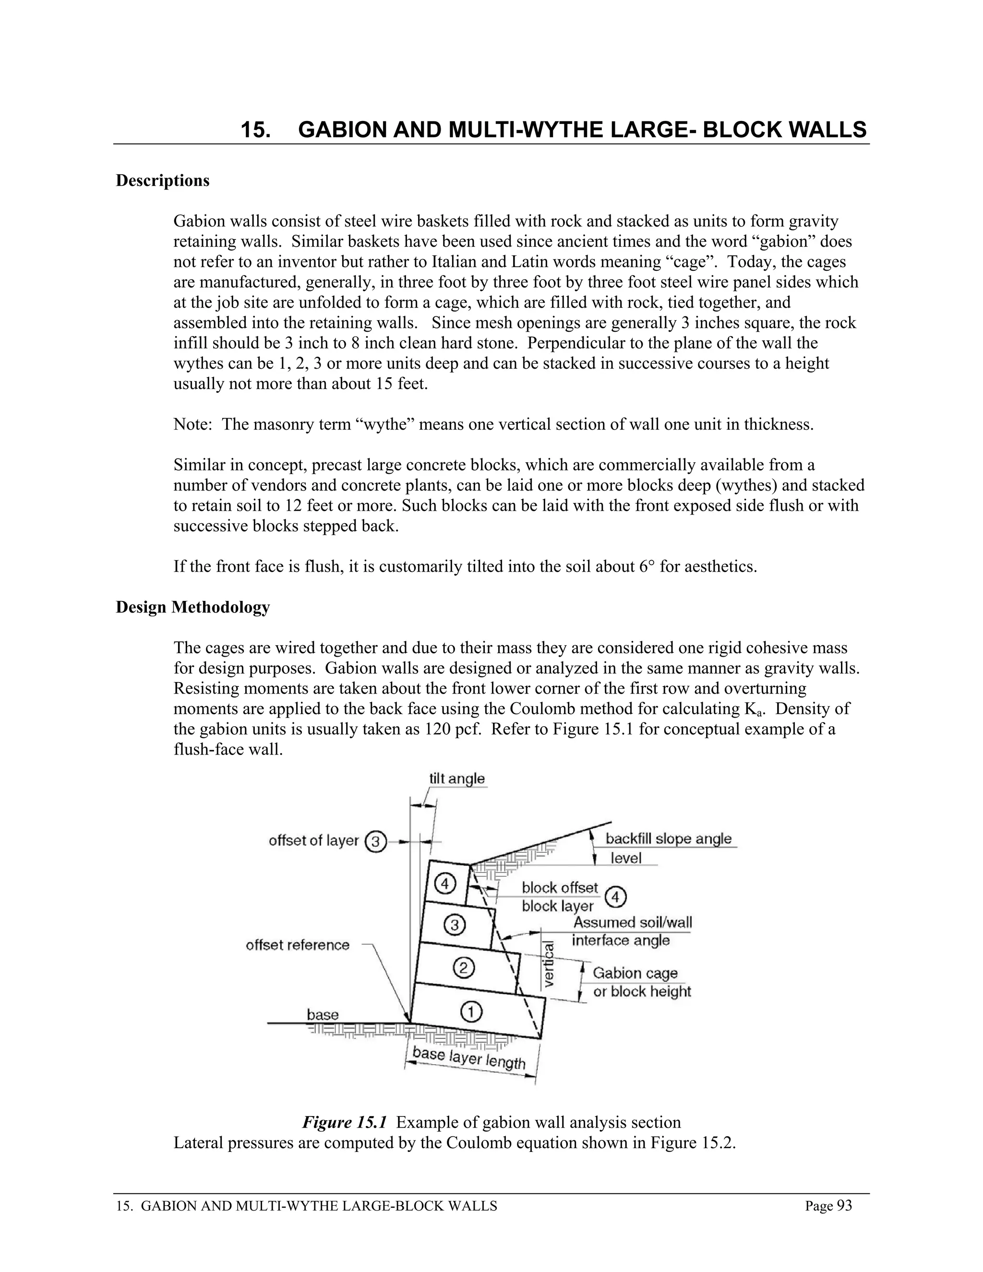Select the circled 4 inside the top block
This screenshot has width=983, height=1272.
(445, 884)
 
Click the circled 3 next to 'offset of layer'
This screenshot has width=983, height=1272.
(376, 841)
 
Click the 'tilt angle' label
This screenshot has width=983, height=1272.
(456, 779)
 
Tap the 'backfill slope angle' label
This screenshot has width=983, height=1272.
(669, 839)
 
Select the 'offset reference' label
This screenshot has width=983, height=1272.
(298, 945)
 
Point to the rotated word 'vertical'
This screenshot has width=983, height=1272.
(549, 964)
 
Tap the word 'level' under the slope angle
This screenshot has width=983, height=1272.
(626, 858)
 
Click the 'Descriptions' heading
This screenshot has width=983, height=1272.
(163, 180)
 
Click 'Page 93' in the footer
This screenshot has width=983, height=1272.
(828, 1206)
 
